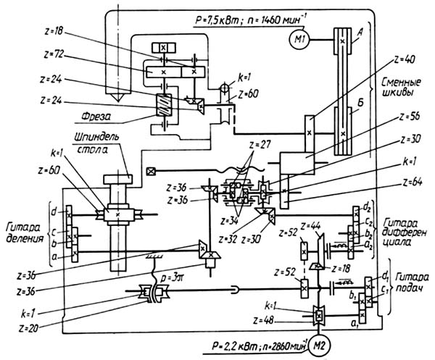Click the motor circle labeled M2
tap(317, 346)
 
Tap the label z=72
tap(57, 54)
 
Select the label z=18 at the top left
tap(57, 33)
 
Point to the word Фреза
tap(92, 114)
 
